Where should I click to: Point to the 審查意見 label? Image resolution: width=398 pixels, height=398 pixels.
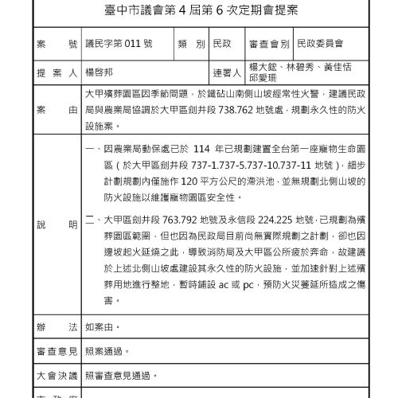[56, 350]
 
